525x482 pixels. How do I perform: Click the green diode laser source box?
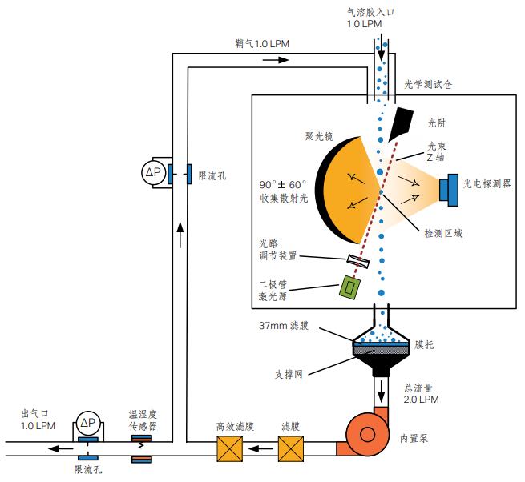[349, 287]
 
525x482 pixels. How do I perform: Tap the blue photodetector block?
[449, 187]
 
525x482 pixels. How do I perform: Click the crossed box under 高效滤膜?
[229, 449]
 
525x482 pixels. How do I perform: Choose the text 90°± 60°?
[283, 183]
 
